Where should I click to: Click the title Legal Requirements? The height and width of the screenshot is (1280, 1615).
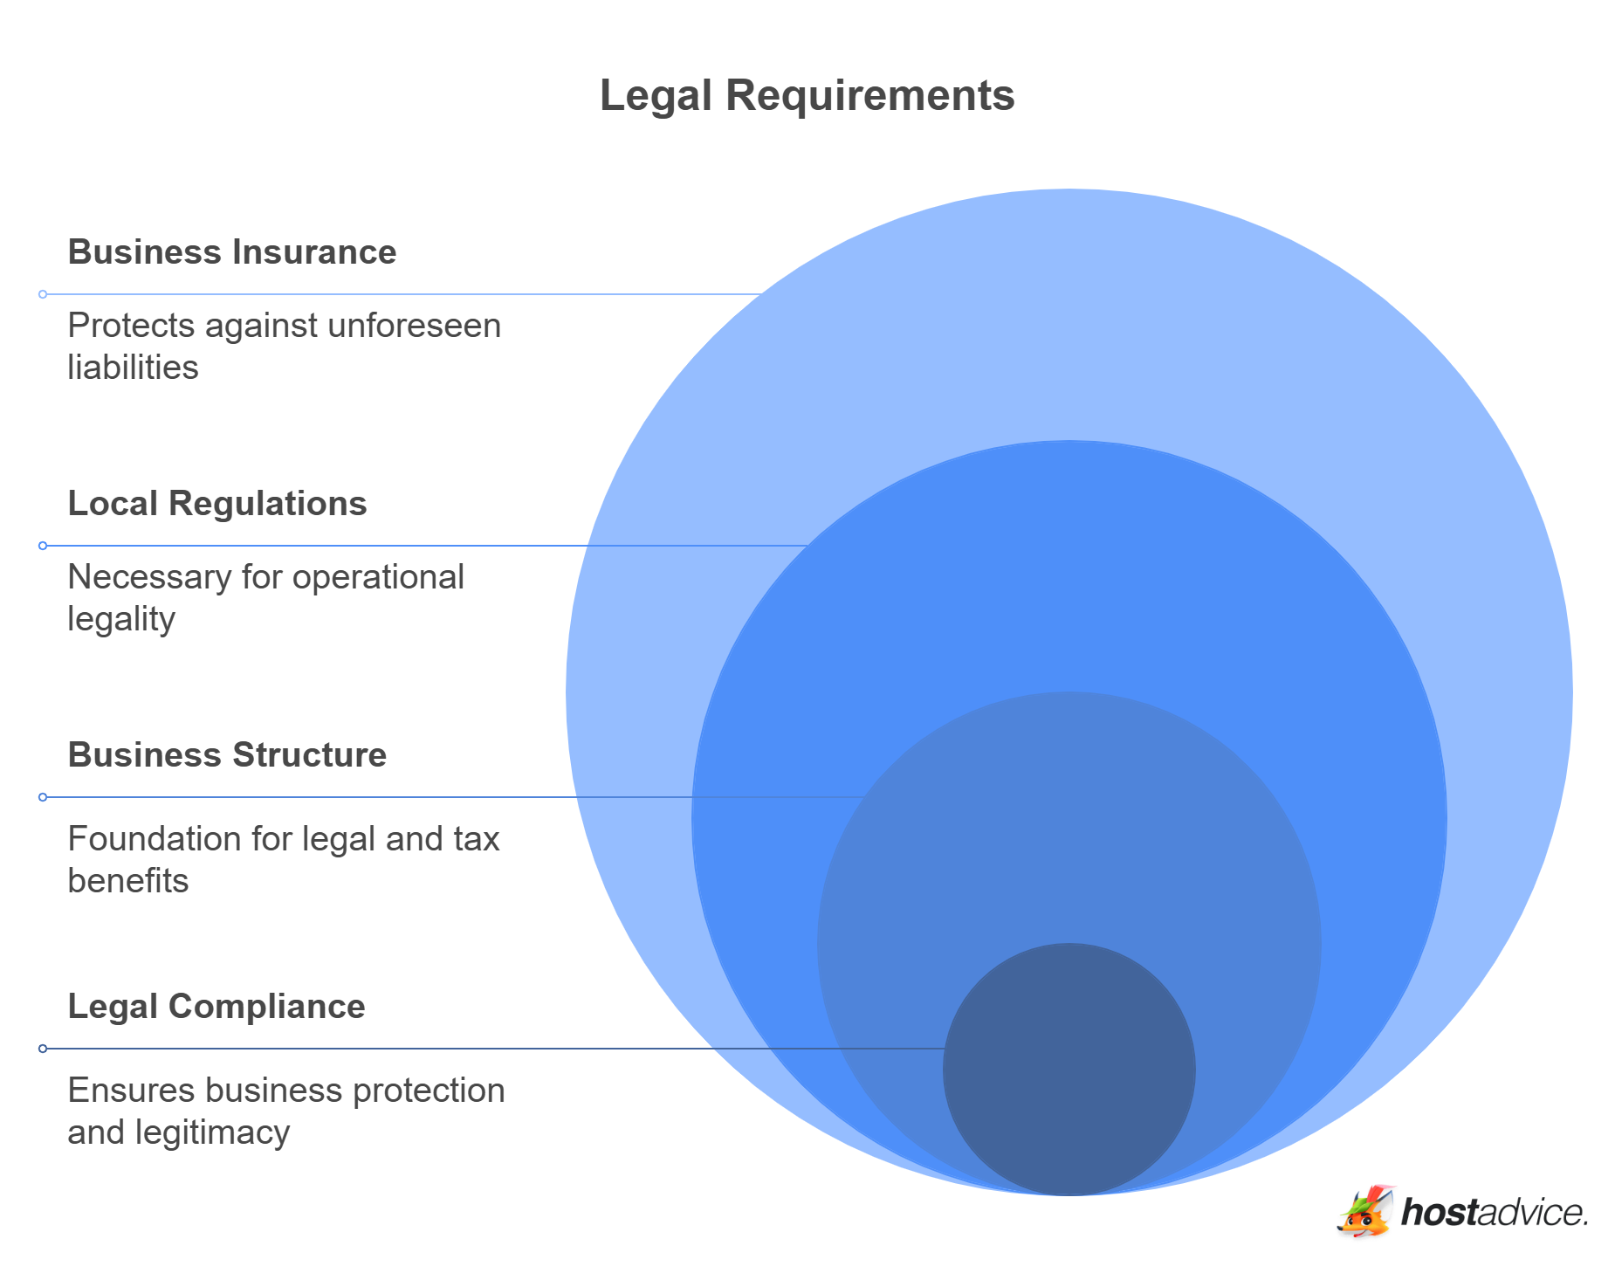[x=807, y=95]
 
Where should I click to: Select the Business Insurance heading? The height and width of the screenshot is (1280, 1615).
[x=232, y=252]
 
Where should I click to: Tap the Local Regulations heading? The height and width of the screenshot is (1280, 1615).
[x=217, y=504]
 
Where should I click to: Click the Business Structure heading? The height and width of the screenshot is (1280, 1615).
[x=227, y=755]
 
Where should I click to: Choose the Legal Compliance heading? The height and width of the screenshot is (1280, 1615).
[x=216, y=1007]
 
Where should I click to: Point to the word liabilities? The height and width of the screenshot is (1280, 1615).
[x=133, y=368]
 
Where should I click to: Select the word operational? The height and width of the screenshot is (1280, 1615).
[x=378, y=577]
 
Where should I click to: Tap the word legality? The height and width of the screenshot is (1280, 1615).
[x=121, y=620]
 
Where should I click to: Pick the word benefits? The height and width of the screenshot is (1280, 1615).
[x=127, y=881]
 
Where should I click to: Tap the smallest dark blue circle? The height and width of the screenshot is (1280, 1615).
[x=1069, y=1069]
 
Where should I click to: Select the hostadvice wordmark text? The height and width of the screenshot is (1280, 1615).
[x=1494, y=1213]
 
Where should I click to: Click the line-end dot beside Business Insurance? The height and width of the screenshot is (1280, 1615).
[x=43, y=294]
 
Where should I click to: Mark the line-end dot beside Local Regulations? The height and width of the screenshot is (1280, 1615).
[x=43, y=546]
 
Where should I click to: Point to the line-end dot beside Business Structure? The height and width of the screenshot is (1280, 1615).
[x=43, y=797]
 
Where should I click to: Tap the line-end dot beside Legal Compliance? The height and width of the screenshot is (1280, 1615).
[x=43, y=1049]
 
